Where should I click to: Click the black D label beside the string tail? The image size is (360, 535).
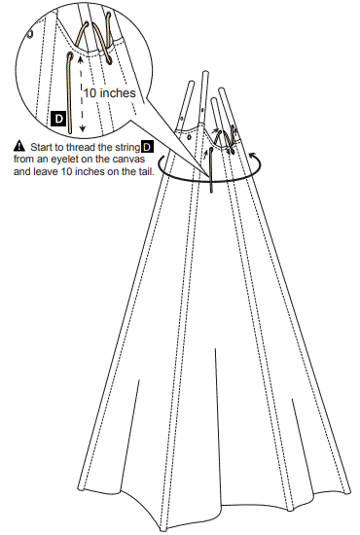pos(57,119)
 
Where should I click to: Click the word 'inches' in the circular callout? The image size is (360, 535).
pos(124,93)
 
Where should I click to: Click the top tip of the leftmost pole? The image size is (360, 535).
pos(190,86)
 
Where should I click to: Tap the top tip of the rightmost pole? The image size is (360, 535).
pos(224,92)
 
